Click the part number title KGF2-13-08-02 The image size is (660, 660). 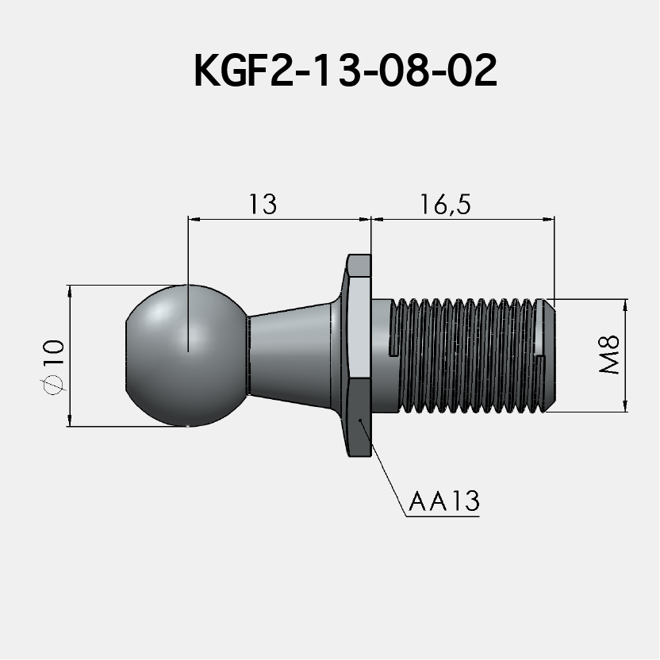tap(345, 72)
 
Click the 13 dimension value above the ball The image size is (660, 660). tap(262, 204)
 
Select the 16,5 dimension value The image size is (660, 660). tap(447, 204)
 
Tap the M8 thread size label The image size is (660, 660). tap(610, 355)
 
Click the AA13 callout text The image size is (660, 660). tap(444, 502)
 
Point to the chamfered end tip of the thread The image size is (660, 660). tap(548, 355)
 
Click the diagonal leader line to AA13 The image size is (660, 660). tap(385, 468)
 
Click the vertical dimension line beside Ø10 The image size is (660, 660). tap(71, 317)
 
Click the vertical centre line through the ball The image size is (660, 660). tap(188, 254)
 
